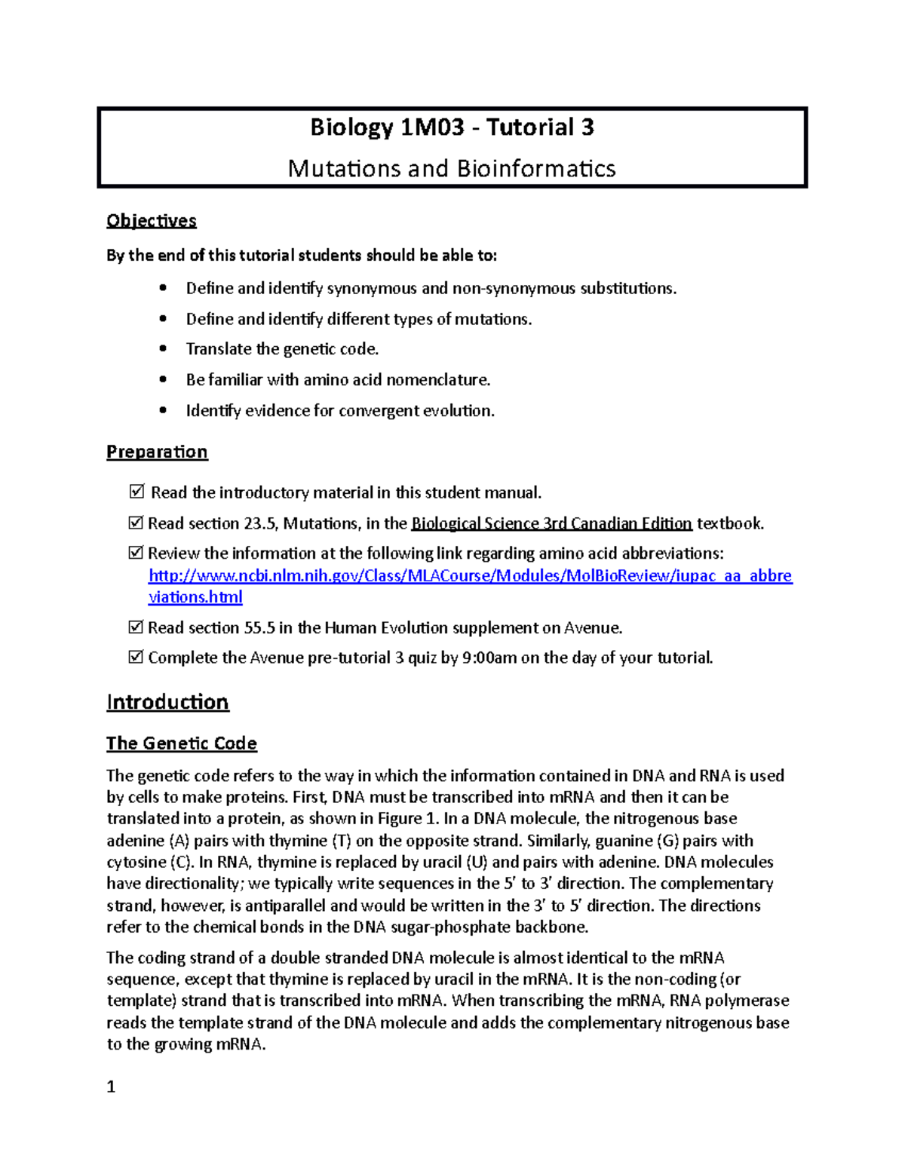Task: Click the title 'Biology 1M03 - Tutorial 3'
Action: click(x=452, y=127)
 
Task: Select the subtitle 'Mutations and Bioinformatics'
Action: click(x=452, y=168)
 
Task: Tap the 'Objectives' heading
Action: click(x=152, y=221)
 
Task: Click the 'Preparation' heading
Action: click(x=157, y=452)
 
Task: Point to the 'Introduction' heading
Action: click(x=167, y=702)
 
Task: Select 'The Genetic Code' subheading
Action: click(x=182, y=743)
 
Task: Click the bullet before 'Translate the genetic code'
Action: click(x=163, y=349)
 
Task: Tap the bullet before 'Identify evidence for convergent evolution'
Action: click(x=163, y=411)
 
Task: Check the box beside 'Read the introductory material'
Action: click(x=137, y=492)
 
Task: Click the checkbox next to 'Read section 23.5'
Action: click(x=136, y=523)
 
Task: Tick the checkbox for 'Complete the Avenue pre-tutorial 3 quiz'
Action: click(x=136, y=658)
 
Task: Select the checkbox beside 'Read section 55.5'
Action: click(x=136, y=627)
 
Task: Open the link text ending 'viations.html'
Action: click(x=195, y=597)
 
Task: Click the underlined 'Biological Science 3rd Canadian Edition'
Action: click(x=551, y=523)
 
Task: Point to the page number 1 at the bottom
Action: click(x=111, y=1087)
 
